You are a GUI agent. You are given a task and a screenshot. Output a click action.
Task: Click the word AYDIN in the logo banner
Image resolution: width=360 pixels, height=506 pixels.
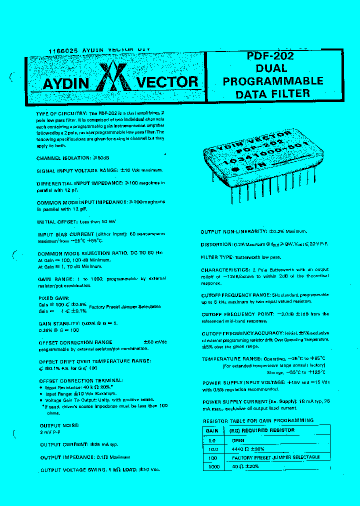pyautogui.click(x=65, y=82)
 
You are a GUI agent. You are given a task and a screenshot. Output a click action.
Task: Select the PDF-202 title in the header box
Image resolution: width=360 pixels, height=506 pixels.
pyautogui.click(x=270, y=56)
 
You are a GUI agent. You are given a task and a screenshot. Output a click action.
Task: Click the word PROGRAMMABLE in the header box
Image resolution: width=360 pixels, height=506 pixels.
pyautogui.click(x=273, y=81)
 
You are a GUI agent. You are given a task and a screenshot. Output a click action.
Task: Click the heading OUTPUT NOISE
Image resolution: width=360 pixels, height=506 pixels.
pyautogui.click(x=59, y=425)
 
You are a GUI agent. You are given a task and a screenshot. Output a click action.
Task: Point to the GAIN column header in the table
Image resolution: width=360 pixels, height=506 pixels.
pyautogui.click(x=212, y=430)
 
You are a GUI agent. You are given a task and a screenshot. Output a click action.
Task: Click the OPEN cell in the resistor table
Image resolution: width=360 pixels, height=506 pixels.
pyautogui.click(x=238, y=440)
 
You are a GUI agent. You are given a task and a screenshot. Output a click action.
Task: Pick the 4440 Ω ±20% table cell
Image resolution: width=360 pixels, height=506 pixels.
pyautogui.click(x=248, y=449)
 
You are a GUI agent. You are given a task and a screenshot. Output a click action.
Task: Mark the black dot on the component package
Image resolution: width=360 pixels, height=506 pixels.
pyautogui.click(x=234, y=169)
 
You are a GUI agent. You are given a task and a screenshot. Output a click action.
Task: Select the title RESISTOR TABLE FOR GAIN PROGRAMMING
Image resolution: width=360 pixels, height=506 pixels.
pyautogui.click(x=258, y=420)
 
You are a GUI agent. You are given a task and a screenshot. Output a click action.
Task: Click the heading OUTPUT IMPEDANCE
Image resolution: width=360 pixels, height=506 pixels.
pyautogui.click(x=63, y=457)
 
